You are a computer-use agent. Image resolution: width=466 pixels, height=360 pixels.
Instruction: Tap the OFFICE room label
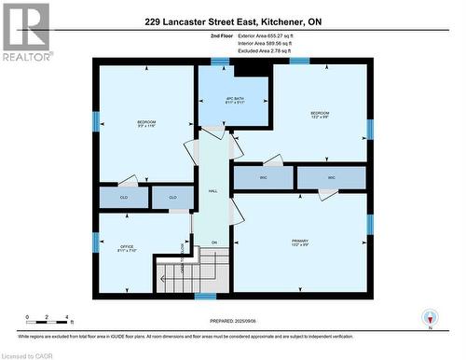[128, 249]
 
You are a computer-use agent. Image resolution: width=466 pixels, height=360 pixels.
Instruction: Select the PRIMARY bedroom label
[299, 242]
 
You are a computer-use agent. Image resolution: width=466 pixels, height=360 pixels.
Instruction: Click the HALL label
[212, 190]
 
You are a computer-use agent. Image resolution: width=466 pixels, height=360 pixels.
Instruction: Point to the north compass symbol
[429, 316]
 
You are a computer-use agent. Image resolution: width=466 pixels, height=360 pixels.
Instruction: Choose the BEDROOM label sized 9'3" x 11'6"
[146, 125]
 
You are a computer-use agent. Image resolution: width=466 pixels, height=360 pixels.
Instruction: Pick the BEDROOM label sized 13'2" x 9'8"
[320, 116]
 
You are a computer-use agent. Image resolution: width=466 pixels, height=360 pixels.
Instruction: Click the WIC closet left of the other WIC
[262, 178]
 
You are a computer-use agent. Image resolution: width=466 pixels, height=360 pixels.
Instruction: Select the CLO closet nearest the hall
[172, 197]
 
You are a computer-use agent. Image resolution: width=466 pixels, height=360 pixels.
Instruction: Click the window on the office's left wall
[95, 242]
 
